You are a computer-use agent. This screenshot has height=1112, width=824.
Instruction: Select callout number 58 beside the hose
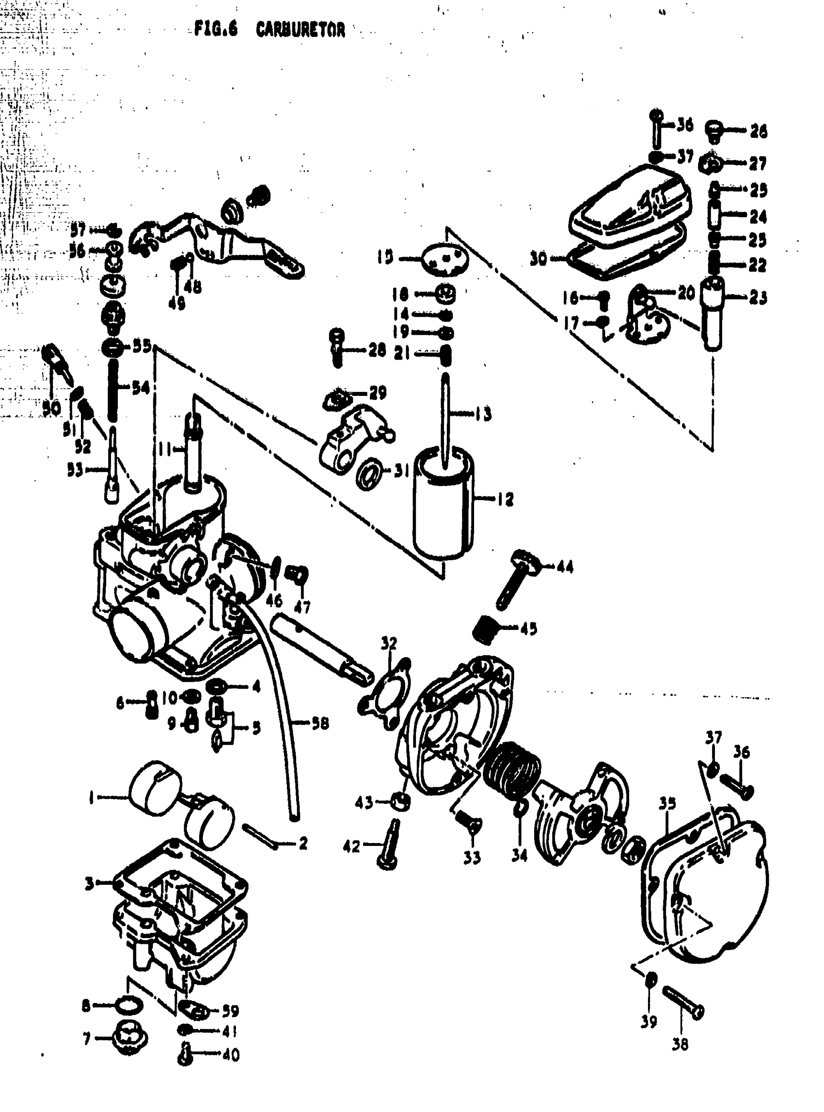click(320, 723)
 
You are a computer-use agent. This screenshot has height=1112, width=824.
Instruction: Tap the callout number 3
click(89, 884)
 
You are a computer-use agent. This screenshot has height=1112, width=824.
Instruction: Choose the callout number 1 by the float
click(91, 799)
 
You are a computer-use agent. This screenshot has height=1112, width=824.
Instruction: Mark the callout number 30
click(538, 259)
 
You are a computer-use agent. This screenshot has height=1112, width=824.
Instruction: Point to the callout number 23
click(758, 298)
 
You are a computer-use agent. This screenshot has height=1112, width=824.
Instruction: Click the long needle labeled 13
click(445, 419)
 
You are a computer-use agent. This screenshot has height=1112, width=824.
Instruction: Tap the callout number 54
click(141, 388)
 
